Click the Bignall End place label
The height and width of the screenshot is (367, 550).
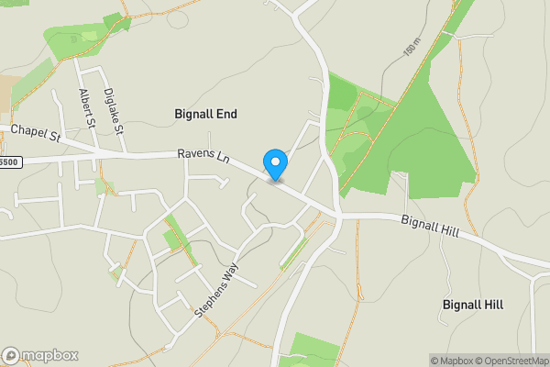(x=205, y=114)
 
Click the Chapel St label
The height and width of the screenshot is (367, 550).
(x=34, y=133)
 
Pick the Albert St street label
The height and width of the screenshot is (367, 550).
(x=87, y=106)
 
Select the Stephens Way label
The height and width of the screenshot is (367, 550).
(x=216, y=290)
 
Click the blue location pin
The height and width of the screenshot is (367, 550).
(x=275, y=164)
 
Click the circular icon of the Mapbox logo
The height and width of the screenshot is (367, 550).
(x=11, y=355)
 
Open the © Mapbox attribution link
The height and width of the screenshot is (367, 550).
(x=450, y=361)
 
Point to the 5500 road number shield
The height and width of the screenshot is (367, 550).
(x=9, y=161)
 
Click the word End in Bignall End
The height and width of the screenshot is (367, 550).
(x=227, y=114)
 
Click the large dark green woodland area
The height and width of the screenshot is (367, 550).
(x=431, y=138)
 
